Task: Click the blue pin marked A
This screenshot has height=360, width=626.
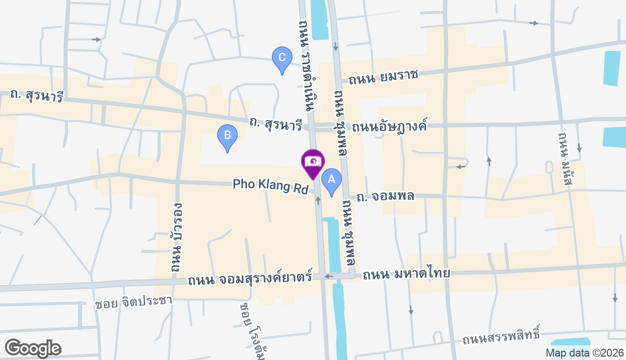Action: point(331,180)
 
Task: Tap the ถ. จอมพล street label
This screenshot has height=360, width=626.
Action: point(385,196)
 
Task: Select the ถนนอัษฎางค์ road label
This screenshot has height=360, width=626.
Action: point(389,126)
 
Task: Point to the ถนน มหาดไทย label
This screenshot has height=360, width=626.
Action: point(406,274)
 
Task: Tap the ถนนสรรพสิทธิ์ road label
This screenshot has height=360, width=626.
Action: point(501,337)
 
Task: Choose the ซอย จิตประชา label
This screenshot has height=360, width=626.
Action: point(134,301)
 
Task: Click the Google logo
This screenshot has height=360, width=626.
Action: point(32,348)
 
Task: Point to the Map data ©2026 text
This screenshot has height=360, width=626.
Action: point(584,353)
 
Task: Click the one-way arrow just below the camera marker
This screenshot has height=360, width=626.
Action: point(318,200)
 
